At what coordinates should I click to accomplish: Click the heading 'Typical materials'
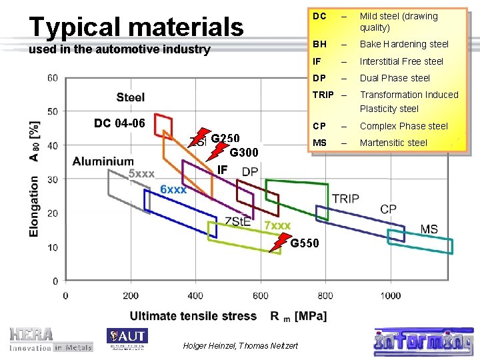click(x=137, y=27)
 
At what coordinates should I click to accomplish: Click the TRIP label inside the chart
click(x=345, y=199)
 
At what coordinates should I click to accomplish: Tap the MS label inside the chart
click(x=429, y=229)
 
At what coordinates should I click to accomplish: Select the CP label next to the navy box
click(x=388, y=209)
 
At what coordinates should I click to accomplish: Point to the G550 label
click(x=305, y=243)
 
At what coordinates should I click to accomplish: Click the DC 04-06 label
click(x=119, y=123)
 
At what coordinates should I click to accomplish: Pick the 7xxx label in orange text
click(x=278, y=225)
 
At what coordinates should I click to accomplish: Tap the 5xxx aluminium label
click(x=141, y=174)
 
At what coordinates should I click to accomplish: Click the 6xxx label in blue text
click(x=173, y=189)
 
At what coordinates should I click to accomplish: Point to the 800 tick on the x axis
click(x=325, y=295)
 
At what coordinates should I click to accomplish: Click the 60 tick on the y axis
click(x=52, y=78)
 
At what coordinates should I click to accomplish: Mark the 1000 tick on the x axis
click(x=391, y=295)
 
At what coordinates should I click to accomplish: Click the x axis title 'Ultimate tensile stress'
click(x=193, y=315)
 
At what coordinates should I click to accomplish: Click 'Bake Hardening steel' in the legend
click(x=403, y=44)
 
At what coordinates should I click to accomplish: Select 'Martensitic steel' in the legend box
click(x=393, y=143)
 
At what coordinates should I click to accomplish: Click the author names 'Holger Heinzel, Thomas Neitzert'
click(x=240, y=345)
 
